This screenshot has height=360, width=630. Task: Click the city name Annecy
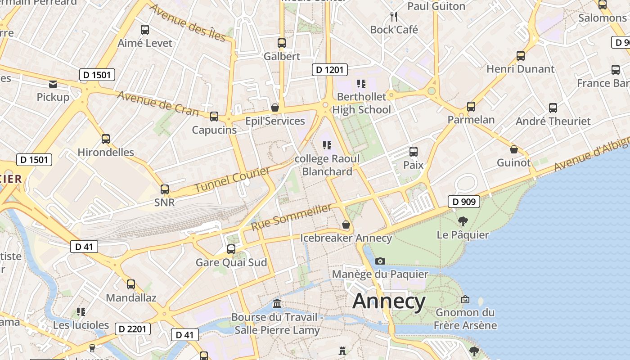(x=389, y=301)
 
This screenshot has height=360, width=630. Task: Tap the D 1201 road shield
(x=330, y=69)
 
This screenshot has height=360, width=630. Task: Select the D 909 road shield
(x=463, y=202)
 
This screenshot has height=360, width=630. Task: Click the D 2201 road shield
(x=132, y=329)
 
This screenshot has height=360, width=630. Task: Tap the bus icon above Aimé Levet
(x=145, y=30)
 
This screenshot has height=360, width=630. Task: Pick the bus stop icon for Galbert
(x=282, y=43)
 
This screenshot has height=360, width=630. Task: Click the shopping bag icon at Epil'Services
(x=275, y=108)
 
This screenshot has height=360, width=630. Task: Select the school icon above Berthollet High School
(x=361, y=84)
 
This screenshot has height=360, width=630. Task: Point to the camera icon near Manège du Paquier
(x=380, y=261)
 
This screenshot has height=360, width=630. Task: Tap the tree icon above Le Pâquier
(x=463, y=221)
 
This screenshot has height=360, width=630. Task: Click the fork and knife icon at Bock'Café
(x=394, y=17)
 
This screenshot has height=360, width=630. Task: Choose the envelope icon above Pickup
(x=53, y=84)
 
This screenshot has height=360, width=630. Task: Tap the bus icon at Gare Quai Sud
(x=231, y=249)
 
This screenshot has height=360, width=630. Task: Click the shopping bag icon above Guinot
(x=513, y=149)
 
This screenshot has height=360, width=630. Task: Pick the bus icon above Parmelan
(x=471, y=107)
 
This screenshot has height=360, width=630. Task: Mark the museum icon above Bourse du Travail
(x=277, y=304)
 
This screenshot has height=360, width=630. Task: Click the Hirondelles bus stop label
(x=106, y=152)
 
